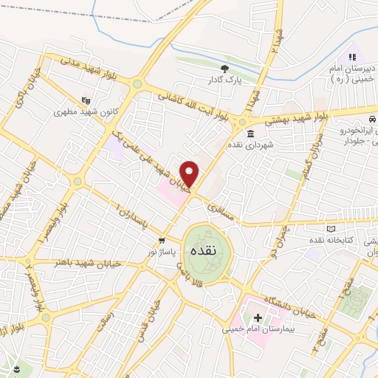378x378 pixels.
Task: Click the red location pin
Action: point(190,173)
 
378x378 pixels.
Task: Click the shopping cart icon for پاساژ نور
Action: point(161,241)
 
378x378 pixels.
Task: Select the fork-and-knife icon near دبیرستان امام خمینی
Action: point(352,56)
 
